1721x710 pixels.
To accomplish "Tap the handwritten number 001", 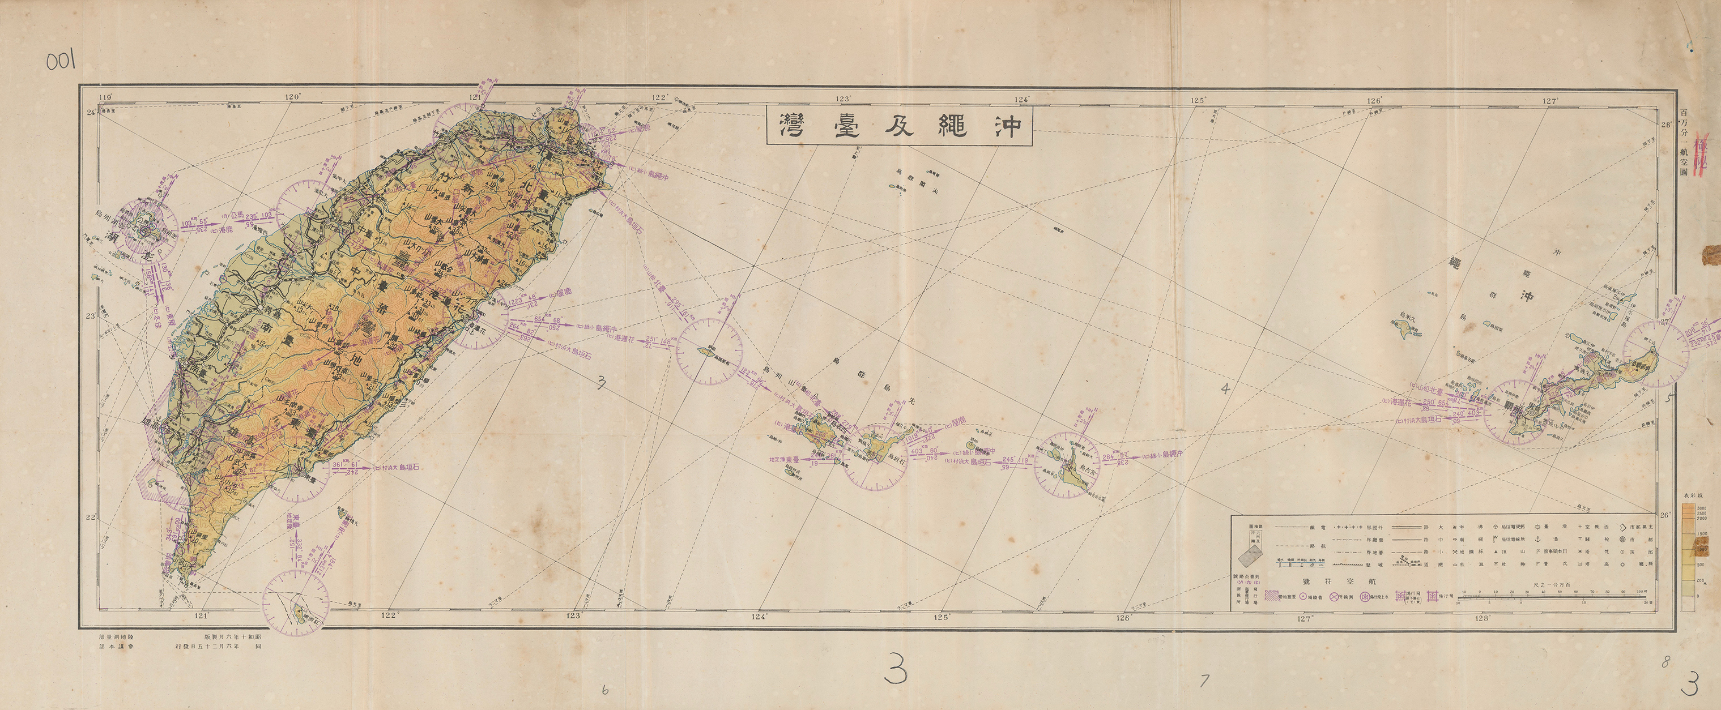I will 61,62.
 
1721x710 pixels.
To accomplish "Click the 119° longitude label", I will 105,97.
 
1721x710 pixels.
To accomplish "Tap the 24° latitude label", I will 90,113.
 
